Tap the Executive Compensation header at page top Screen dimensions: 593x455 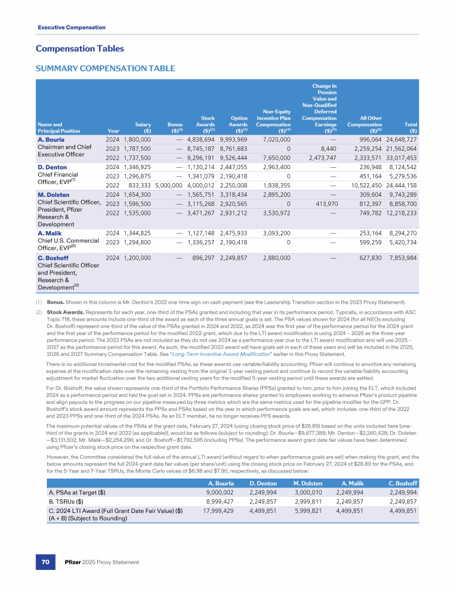pyautogui.click(x=72, y=27)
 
